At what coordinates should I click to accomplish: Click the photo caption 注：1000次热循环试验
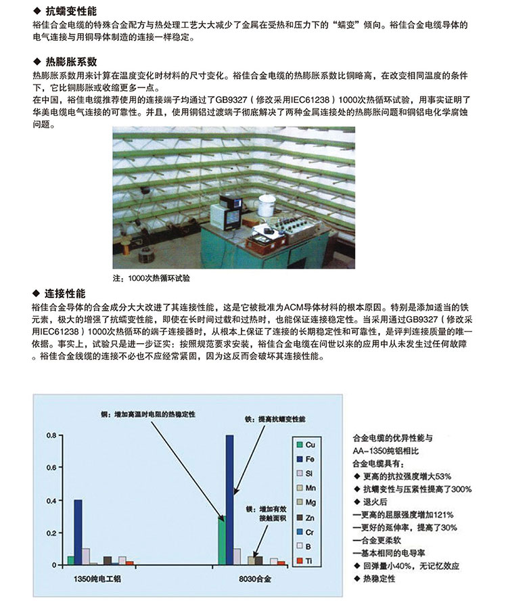[149, 278]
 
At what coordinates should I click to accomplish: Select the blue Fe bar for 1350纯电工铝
[78, 532]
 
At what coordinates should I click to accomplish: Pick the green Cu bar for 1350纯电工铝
[71, 560]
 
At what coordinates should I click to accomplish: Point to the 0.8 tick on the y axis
[51, 435]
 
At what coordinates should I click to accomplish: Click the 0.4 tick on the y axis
[51, 500]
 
